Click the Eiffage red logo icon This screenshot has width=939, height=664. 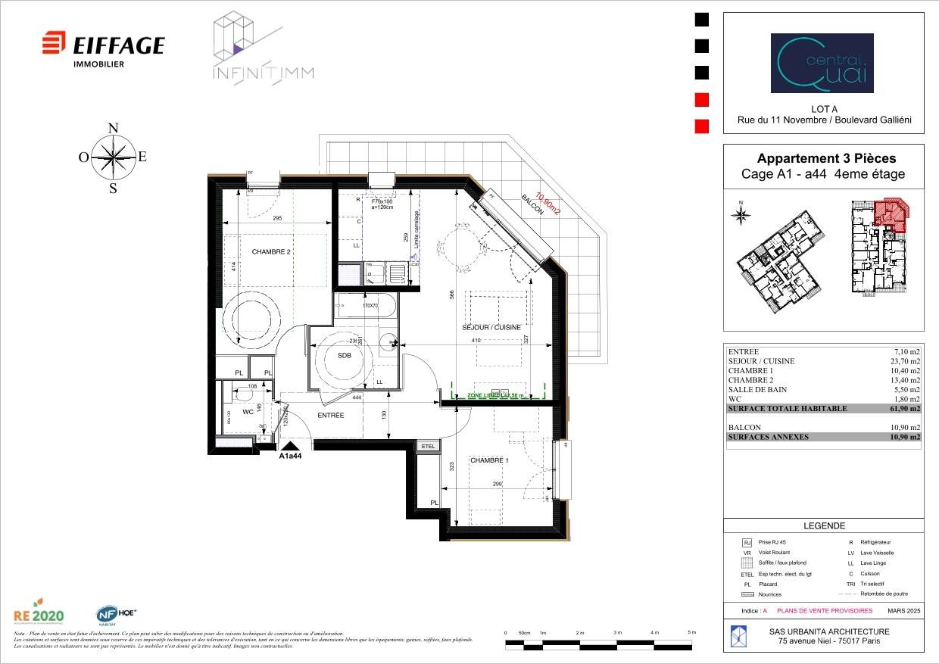point(54,43)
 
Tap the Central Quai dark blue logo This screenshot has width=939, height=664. point(822,63)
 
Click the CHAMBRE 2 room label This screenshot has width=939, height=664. point(271,252)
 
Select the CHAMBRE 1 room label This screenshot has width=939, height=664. point(489,460)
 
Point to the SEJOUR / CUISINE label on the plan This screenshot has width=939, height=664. point(492,327)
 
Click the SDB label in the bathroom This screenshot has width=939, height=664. point(345,355)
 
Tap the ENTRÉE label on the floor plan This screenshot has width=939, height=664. point(331,416)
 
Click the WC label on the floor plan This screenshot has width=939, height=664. point(248,413)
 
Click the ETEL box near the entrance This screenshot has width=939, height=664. point(428,447)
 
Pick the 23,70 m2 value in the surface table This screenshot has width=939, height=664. point(905,361)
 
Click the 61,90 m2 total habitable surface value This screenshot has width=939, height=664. point(905,409)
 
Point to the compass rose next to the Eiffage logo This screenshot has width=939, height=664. point(113,157)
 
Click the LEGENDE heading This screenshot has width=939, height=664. point(824,525)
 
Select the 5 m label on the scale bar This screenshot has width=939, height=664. point(691,632)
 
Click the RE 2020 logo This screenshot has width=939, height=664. point(39,614)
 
